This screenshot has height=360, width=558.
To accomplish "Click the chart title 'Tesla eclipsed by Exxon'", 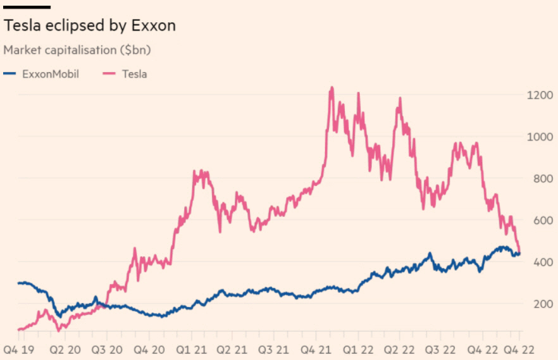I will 89,26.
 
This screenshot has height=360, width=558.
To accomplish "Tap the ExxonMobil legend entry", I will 41,73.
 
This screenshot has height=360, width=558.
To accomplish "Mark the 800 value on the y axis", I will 541,178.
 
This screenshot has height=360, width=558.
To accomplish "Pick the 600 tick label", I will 541,220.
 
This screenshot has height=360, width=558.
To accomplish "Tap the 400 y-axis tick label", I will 541,262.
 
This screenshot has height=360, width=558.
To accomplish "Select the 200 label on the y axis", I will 541,304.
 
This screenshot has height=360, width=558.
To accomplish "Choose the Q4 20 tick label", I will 152,349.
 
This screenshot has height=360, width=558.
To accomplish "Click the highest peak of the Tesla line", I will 331,89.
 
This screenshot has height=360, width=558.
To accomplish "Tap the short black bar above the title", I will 27,7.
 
